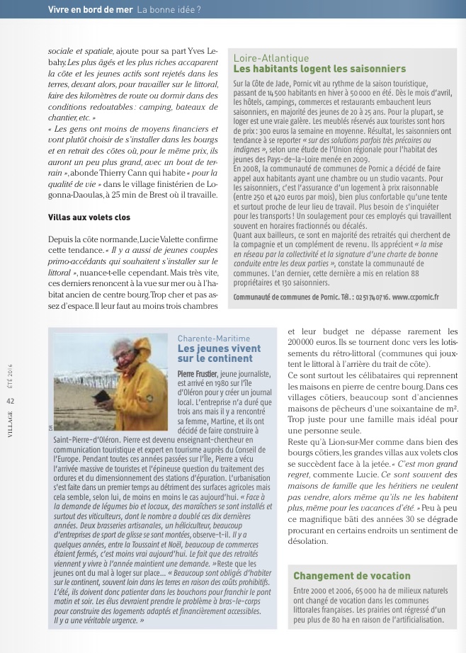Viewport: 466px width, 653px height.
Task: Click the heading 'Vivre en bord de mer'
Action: pos(90,9)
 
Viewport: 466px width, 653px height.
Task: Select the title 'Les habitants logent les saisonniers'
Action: pos(319,69)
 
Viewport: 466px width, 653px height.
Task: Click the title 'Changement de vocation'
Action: pos(352,576)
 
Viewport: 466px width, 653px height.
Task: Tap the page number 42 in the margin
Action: pos(11,401)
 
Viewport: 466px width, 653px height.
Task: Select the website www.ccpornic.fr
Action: pos(415,297)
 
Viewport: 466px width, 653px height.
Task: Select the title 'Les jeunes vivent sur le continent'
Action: pos(209,354)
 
